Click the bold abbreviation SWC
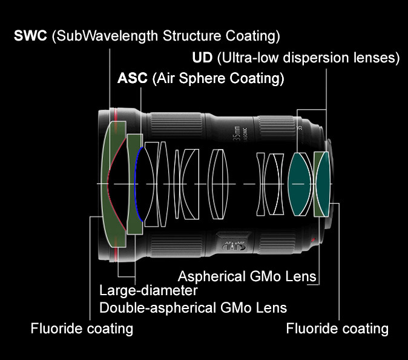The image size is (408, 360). [31, 36]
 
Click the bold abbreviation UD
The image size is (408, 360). [200, 58]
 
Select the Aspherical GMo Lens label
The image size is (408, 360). [248, 276]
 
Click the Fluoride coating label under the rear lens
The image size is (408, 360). [337, 328]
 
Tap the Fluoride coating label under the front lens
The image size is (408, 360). [82, 328]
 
